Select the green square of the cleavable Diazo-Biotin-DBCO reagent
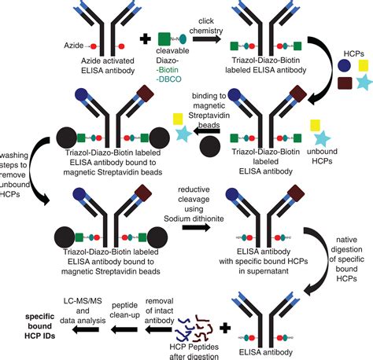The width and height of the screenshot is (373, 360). click(x=164, y=38)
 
